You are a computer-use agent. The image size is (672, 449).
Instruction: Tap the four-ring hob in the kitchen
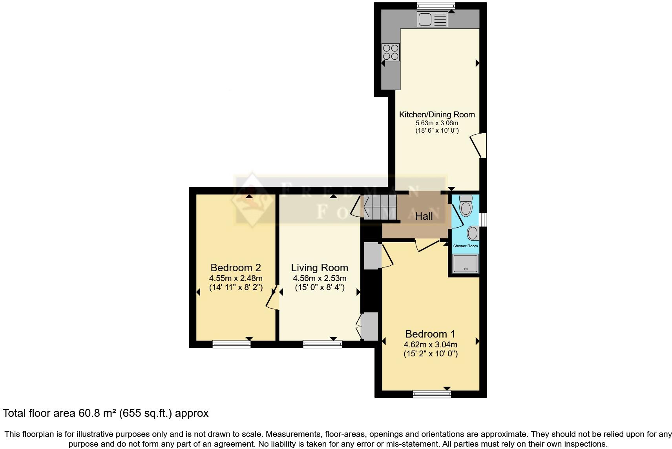pos(391,52)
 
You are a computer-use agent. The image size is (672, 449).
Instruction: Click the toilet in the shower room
pos(466,205)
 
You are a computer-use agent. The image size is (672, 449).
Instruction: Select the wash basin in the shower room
pos(473,233)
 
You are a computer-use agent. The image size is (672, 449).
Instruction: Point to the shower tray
pos(466,264)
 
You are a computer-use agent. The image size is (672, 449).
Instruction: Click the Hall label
pos(424,216)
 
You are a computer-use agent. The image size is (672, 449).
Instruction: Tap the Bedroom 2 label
pos(236,268)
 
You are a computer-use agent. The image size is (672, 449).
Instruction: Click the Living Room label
pos(320,268)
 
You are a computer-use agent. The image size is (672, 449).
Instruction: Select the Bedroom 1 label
pos(430,334)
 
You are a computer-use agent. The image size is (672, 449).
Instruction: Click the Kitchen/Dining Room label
pos(437,115)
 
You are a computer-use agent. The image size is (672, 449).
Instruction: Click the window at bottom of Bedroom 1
pos(432,394)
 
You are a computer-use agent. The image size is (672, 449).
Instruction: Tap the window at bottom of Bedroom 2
pos(231,344)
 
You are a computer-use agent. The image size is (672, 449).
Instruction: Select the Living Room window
pos(322,344)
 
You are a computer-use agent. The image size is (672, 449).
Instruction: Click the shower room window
pos(484,219)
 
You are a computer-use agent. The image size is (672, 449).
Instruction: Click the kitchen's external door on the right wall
pos(481,146)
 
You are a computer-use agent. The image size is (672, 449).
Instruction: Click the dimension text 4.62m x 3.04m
pos(430,345)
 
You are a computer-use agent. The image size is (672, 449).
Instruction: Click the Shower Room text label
pos(466,246)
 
